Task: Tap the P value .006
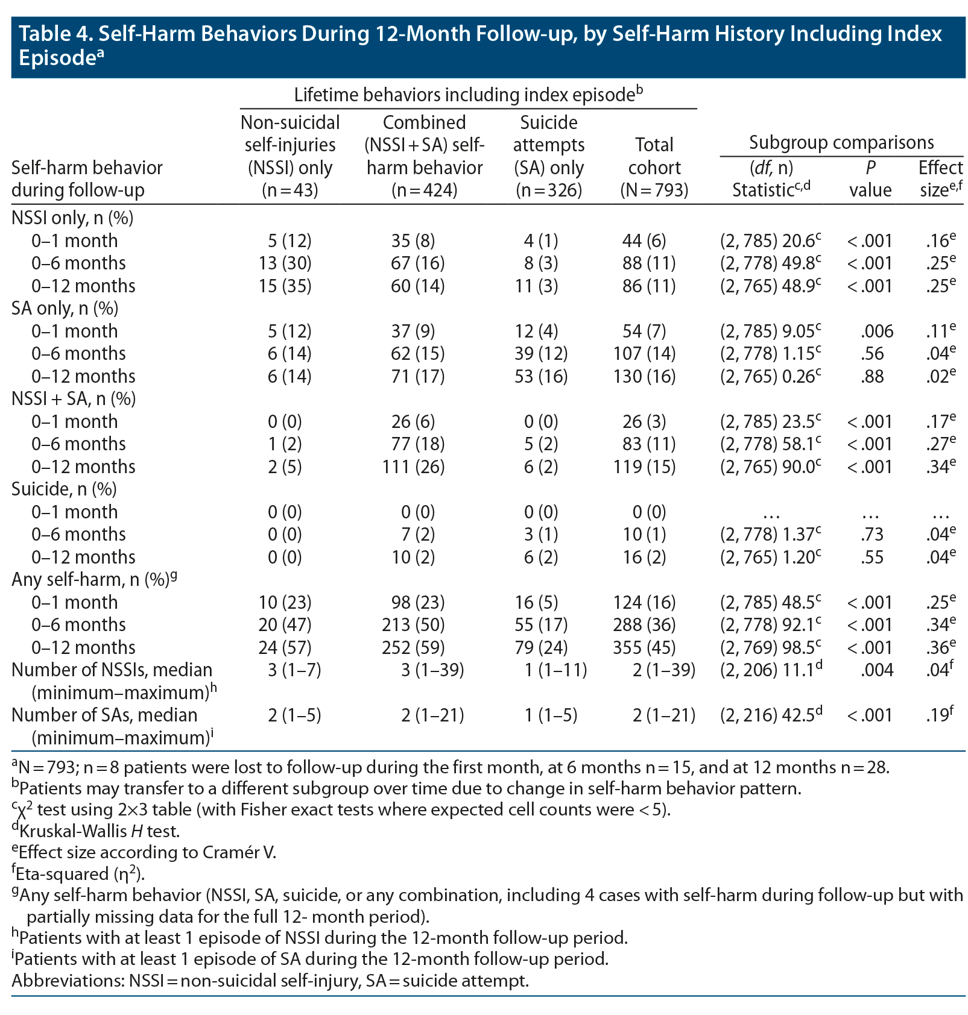click(x=878, y=331)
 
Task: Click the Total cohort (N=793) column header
click(x=654, y=168)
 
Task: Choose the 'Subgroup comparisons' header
click(x=841, y=143)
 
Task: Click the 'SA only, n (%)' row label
click(x=65, y=308)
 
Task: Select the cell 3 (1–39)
click(x=432, y=670)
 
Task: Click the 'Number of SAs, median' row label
click(x=104, y=715)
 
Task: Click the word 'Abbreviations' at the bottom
click(x=67, y=981)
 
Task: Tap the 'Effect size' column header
click(x=940, y=178)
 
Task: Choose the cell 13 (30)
click(x=285, y=263)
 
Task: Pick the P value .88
click(x=872, y=376)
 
